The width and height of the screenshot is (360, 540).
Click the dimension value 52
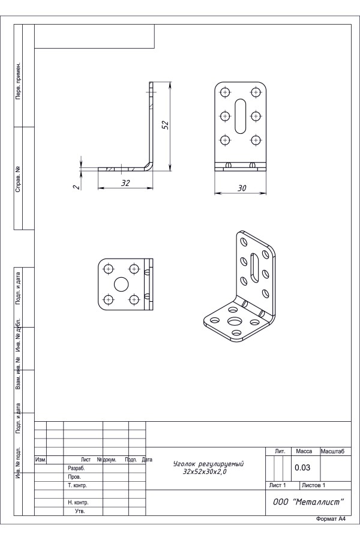[166, 125]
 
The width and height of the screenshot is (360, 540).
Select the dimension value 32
[125, 183]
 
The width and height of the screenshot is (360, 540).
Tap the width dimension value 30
[242, 188]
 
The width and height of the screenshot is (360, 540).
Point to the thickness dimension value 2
[77, 187]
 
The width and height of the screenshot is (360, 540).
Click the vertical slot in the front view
[240, 116]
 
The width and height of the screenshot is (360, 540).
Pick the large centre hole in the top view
[121, 284]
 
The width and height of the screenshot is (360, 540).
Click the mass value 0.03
[302, 467]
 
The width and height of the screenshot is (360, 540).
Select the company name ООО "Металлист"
[308, 502]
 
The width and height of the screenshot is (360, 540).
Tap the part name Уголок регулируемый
[208, 464]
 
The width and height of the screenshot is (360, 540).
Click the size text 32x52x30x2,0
[205, 472]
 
